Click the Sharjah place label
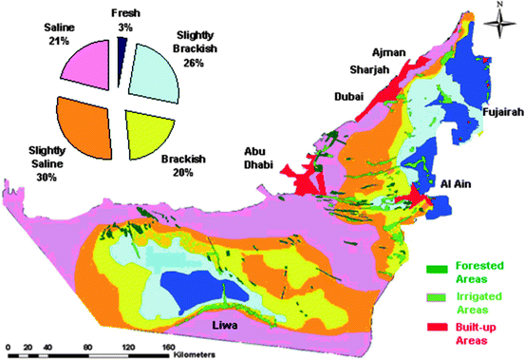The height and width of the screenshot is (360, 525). click(368, 74)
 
